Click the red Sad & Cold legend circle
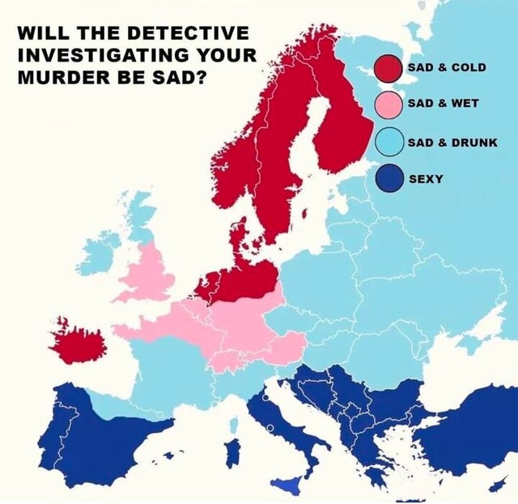(x=387, y=69)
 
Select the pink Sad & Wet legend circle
(x=387, y=105)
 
